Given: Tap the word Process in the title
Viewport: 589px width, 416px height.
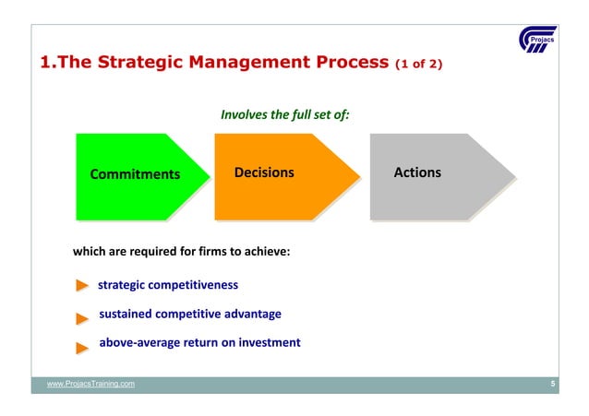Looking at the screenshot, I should point(345,64).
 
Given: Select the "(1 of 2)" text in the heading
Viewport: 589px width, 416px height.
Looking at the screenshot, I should point(419,65).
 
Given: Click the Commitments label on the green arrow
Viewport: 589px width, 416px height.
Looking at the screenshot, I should point(135,174).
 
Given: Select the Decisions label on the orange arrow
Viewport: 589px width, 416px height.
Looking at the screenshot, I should point(264,172).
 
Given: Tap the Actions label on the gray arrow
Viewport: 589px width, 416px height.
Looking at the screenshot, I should point(417,172).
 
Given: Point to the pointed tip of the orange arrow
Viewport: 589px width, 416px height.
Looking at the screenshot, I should point(358,176).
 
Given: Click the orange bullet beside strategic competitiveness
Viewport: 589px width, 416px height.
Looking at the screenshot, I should point(82,286).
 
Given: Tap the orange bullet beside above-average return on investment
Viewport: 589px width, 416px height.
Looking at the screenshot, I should point(82,347).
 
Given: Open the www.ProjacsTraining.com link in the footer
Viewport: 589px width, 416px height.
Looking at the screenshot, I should point(90,384).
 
